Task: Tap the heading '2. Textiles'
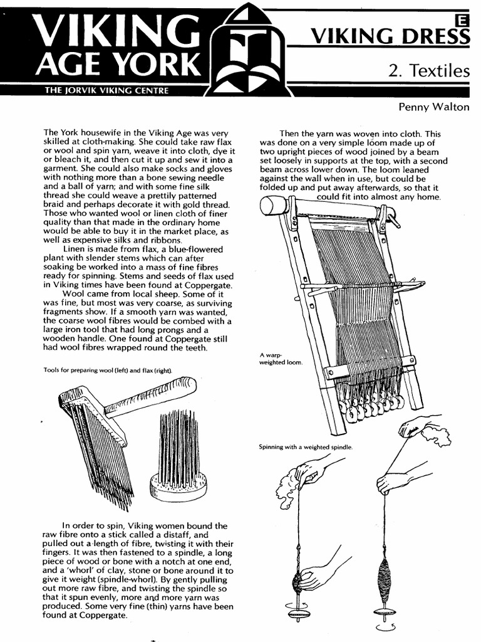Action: click(428, 70)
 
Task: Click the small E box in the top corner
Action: click(463, 20)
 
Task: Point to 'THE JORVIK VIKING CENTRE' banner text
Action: click(106, 90)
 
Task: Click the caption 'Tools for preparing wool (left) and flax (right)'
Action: click(107, 370)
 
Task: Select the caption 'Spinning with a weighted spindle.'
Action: click(306, 447)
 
